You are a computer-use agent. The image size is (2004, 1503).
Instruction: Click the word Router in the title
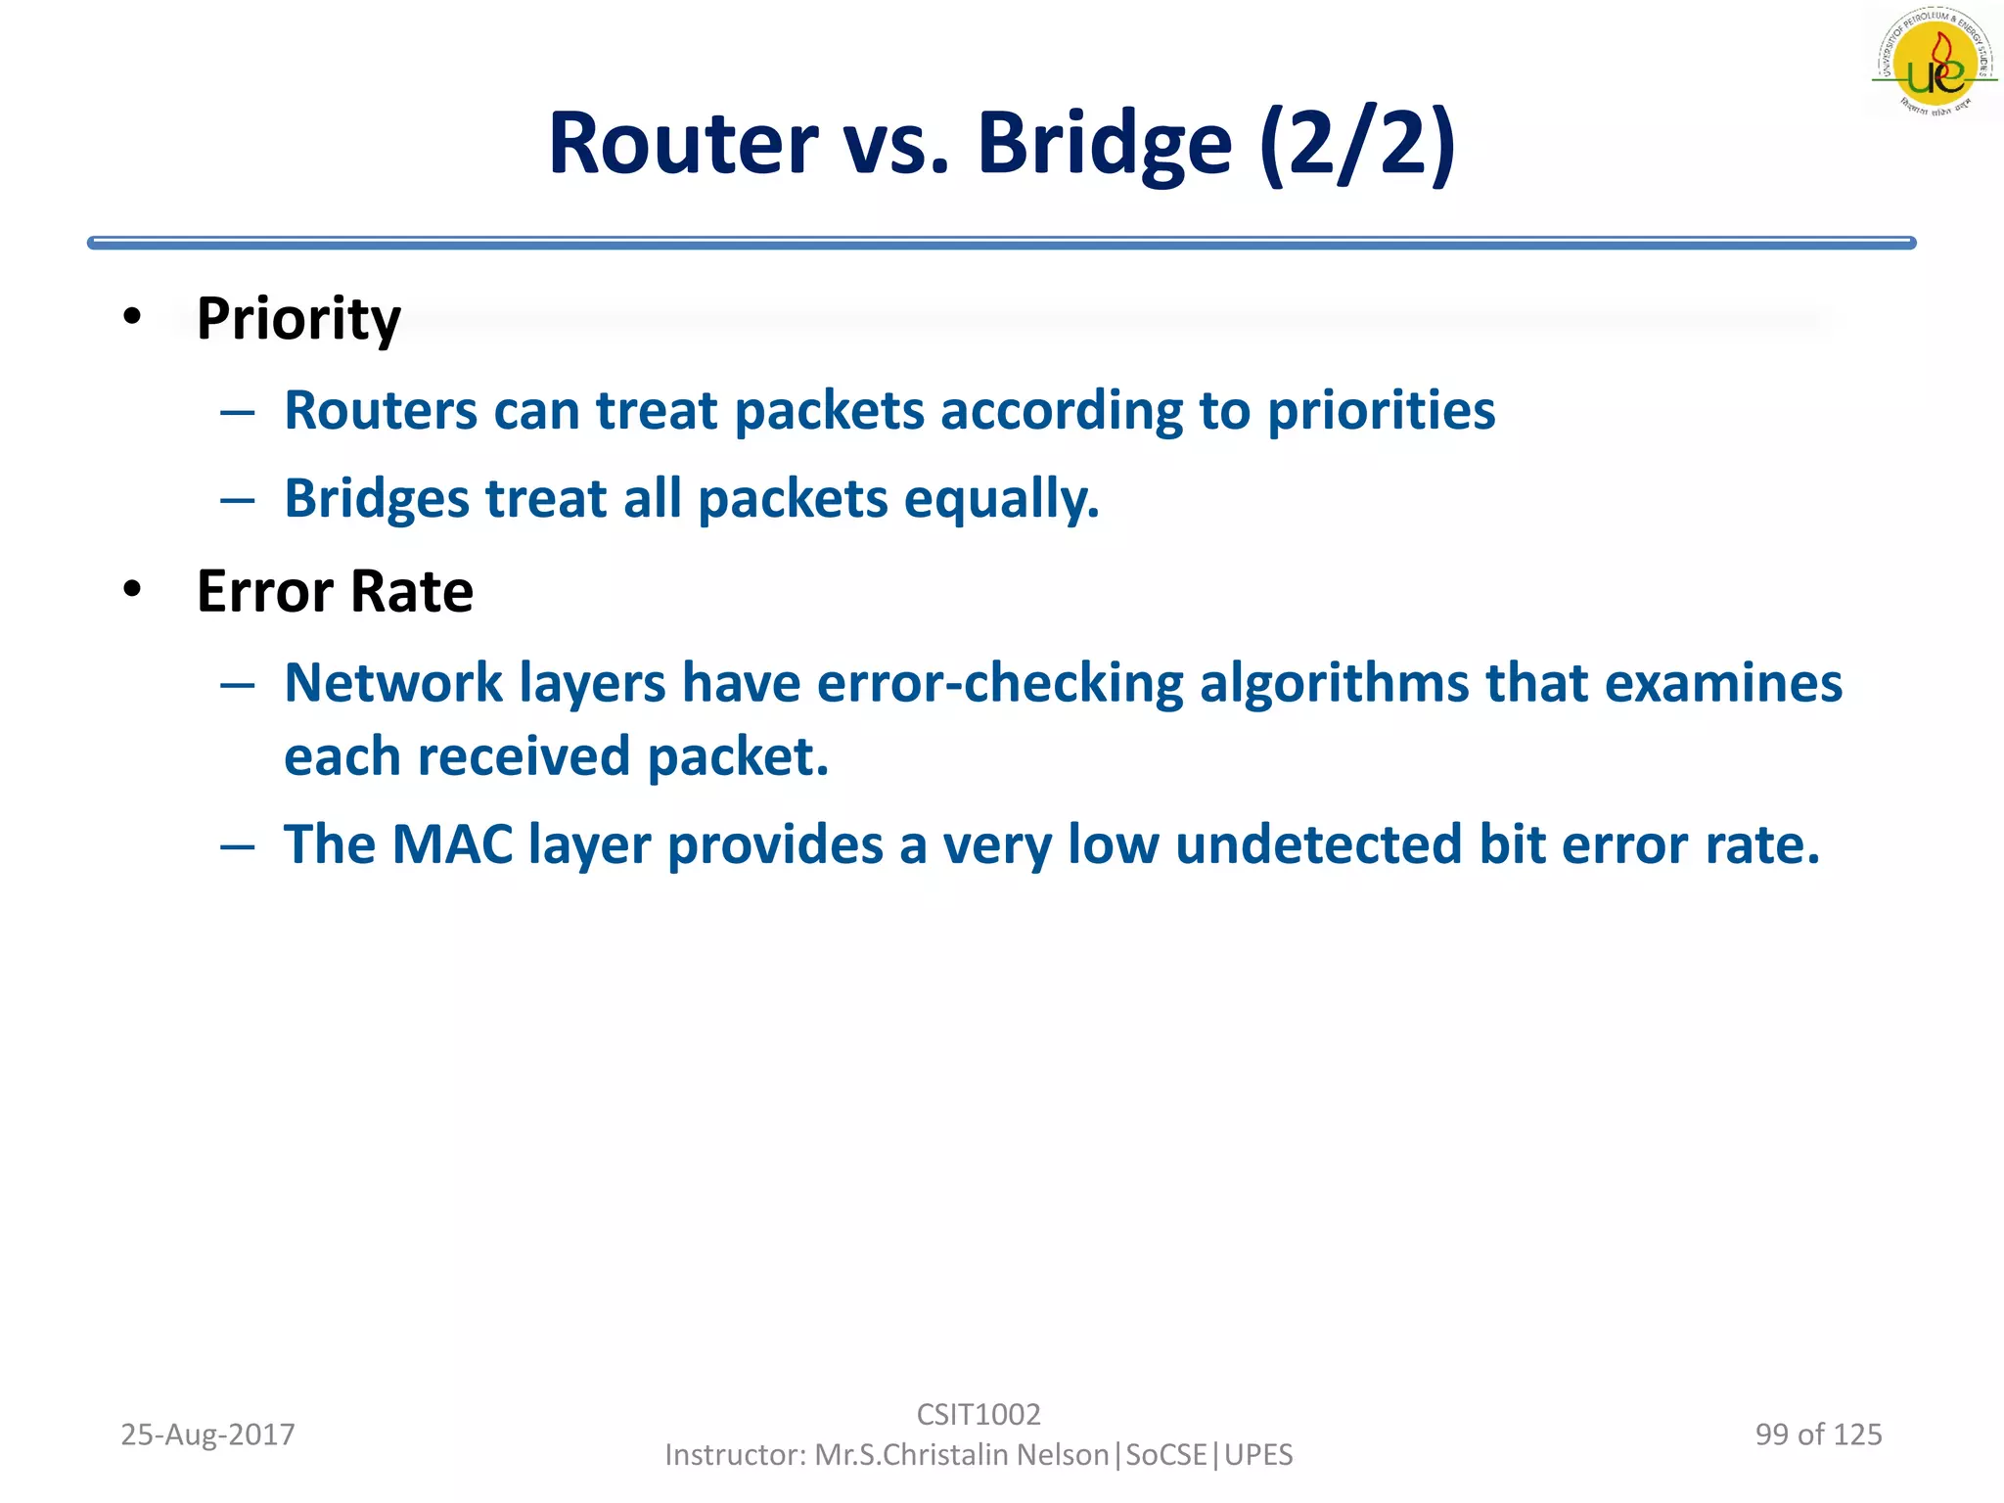(682, 144)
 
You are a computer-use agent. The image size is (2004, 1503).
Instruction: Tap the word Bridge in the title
(1104, 144)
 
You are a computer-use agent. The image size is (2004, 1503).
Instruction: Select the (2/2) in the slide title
(1357, 144)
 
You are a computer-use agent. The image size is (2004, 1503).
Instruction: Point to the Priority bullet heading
(298, 319)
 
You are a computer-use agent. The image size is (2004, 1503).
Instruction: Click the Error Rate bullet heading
(335, 592)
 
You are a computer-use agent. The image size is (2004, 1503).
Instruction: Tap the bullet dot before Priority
(132, 316)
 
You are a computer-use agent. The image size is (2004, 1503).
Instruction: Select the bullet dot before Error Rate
(132, 589)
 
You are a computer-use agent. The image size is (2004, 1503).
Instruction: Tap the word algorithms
(1334, 683)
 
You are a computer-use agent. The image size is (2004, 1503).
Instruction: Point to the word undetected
(1318, 844)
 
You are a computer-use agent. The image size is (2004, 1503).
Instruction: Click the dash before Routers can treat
(237, 412)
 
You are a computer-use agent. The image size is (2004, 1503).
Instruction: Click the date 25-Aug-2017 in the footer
(207, 1435)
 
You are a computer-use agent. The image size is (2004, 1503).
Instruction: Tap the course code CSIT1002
(979, 1414)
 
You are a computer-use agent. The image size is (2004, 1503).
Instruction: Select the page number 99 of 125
(1818, 1435)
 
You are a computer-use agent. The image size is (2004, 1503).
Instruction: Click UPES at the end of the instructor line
(1258, 1455)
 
